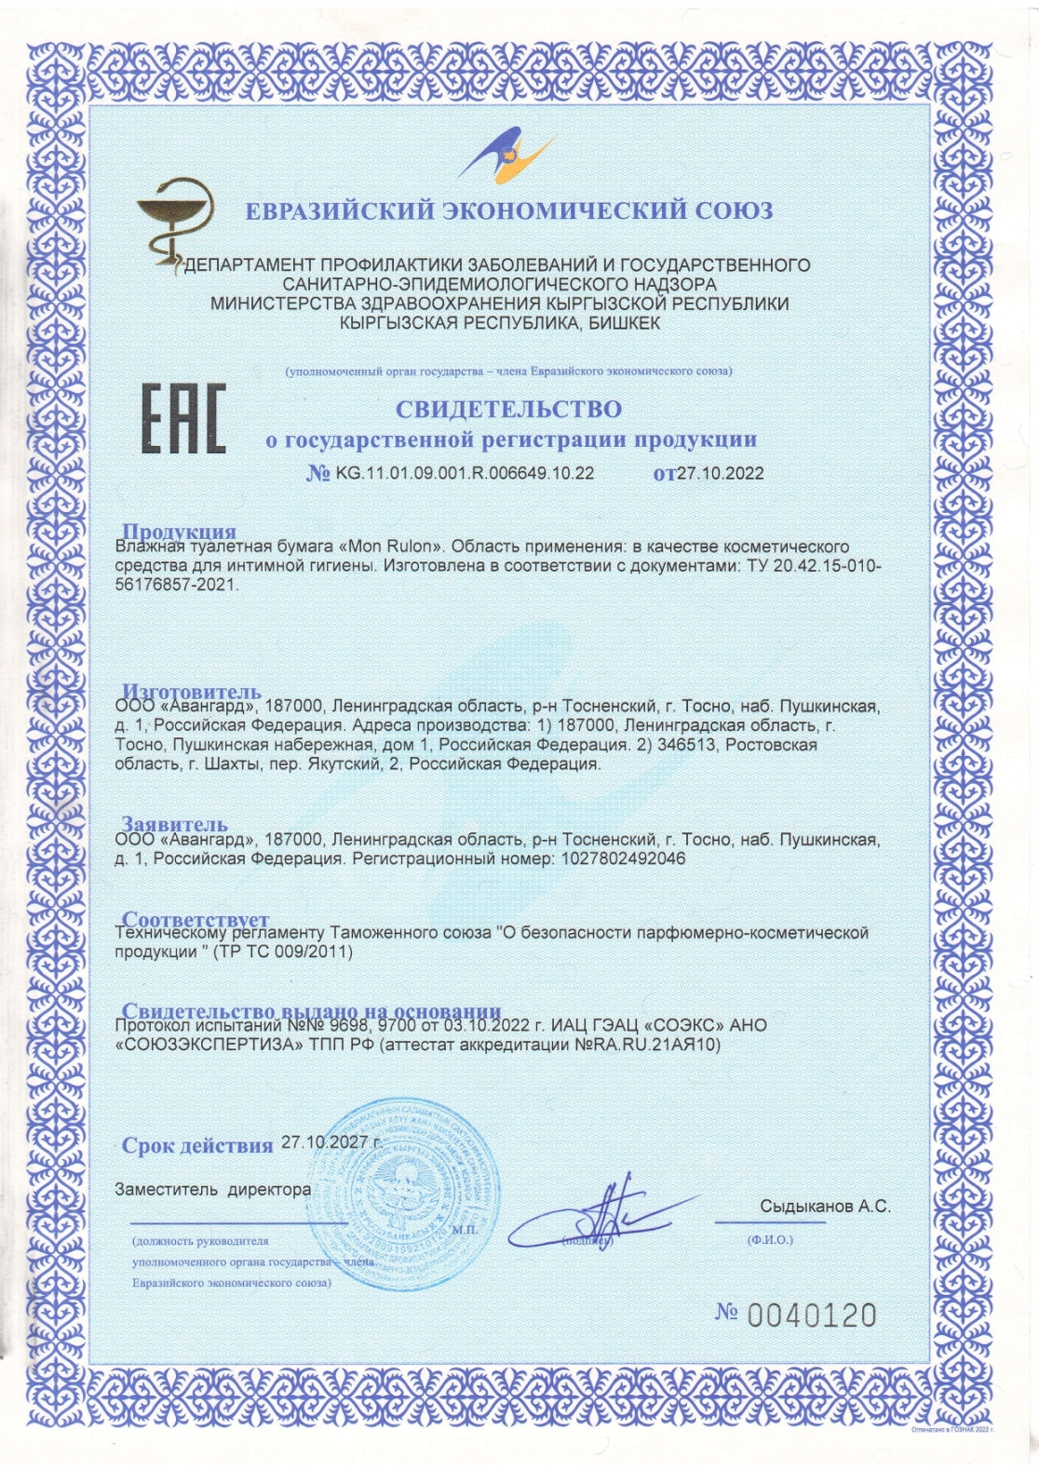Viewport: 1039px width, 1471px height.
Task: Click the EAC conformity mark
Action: (183, 419)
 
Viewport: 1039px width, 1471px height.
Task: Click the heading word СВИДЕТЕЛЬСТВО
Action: (508, 409)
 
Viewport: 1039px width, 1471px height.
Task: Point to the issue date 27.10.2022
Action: (720, 473)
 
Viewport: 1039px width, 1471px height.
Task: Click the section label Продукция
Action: (180, 533)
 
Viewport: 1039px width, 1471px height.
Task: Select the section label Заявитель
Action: (175, 824)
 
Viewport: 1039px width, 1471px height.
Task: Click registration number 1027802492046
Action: (624, 858)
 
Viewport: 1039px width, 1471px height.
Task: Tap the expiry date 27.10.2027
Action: (327, 1141)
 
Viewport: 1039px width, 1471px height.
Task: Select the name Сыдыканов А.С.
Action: (825, 1206)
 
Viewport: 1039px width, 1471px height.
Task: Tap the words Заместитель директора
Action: (212, 1189)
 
